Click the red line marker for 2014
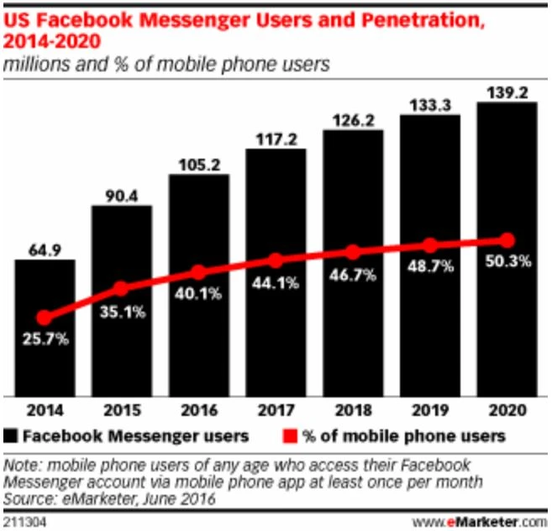(45, 318)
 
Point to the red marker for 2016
(198, 272)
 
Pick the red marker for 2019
(429, 245)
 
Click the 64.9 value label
(45, 248)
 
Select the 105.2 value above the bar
(198, 163)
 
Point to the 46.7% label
(353, 274)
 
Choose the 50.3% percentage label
(507, 261)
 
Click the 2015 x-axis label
(122, 411)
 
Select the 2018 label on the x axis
(353, 411)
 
